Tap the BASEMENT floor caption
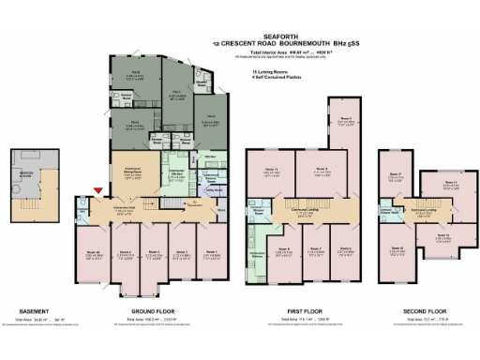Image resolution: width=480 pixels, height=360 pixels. (x=35, y=311)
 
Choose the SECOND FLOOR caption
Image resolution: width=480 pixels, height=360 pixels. (x=419, y=311)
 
